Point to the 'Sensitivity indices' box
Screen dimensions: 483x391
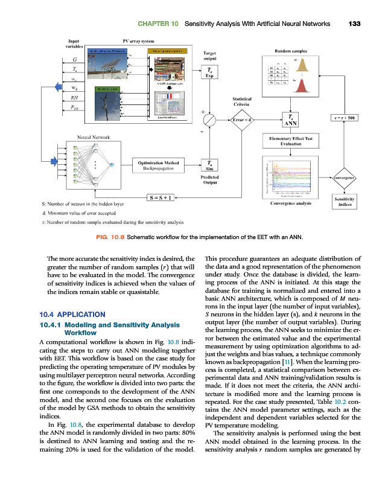pyautogui.click(x=343, y=201)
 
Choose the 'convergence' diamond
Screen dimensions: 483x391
pyautogui.click(x=343, y=179)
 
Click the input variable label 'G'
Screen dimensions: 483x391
pyautogui.click(x=74, y=60)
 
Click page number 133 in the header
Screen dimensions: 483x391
pyautogui.click(x=354, y=24)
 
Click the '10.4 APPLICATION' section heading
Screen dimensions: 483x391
pyautogui.click(x=72, y=315)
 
